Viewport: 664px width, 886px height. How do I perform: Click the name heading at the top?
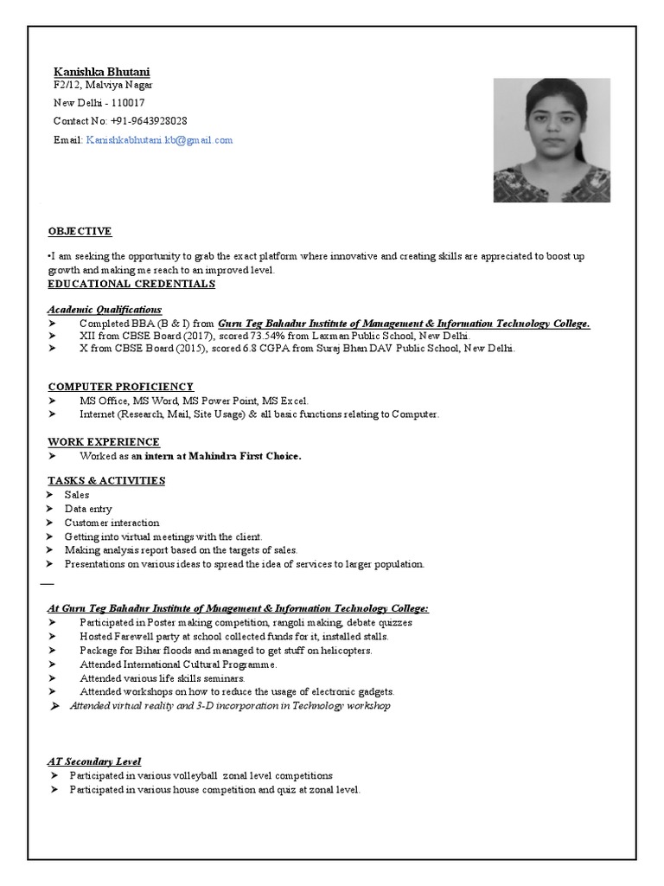[x=101, y=71]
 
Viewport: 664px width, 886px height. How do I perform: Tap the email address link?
[x=159, y=139]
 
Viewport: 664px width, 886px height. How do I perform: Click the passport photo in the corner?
[x=552, y=140]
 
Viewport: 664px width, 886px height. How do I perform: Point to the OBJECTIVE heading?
[x=80, y=231]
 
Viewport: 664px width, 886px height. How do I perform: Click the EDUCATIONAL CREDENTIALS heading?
[x=131, y=284]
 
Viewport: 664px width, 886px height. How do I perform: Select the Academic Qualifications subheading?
[x=104, y=309]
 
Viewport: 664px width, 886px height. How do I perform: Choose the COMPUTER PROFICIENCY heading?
[x=120, y=386]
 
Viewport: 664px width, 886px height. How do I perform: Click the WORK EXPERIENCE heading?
[x=104, y=441]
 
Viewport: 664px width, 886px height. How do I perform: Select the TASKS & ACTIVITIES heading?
[x=106, y=480]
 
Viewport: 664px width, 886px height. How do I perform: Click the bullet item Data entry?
[x=88, y=509]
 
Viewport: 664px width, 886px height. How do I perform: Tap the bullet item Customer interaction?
[x=112, y=523]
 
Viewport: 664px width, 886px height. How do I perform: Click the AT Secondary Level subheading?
[x=94, y=761]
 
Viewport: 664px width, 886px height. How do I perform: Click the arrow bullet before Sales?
[x=52, y=495]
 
